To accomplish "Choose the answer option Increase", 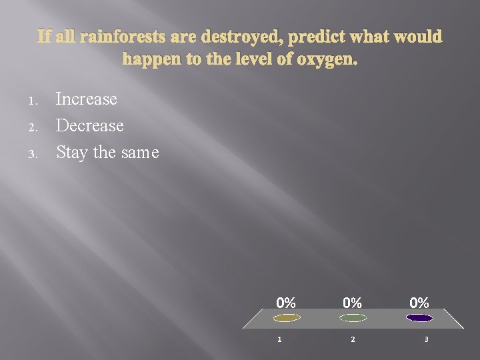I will pyautogui.click(x=87, y=99).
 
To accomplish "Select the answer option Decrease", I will pyautogui.click(x=90, y=125).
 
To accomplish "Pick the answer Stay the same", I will pyautogui.click(x=107, y=152).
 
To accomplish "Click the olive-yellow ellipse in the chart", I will pyautogui.click(x=287, y=318).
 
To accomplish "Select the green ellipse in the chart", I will pyautogui.click(x=353, y=318).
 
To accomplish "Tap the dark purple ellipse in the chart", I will pyautogui.click(x=419, y=318).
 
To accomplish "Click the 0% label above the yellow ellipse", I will pyautogui.click(x=286, y=303).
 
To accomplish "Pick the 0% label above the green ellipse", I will pyautogui.click(x=353, y=303).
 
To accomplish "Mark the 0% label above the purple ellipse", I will pyautogui.click(x=419, y=303).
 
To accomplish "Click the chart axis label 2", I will pyautogui.click(x=353, y=340).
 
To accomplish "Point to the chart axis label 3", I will pyautogui.click(x=426, y=340).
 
